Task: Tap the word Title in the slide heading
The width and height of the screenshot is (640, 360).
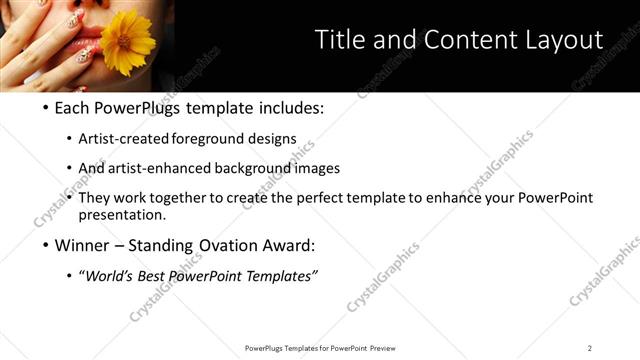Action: (340, 40)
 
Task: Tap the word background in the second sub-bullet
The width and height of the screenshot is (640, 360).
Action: (251, 168)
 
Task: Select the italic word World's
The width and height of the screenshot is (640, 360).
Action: (110, 276)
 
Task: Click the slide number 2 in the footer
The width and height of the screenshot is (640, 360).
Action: (590, 347)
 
